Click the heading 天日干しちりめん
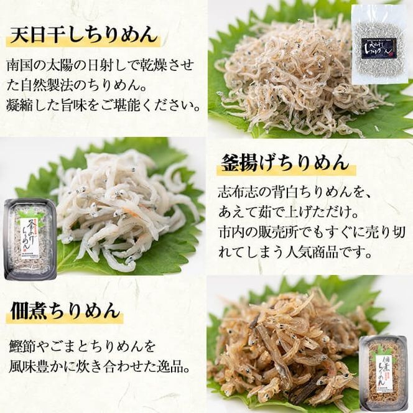(x=83, y=34)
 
